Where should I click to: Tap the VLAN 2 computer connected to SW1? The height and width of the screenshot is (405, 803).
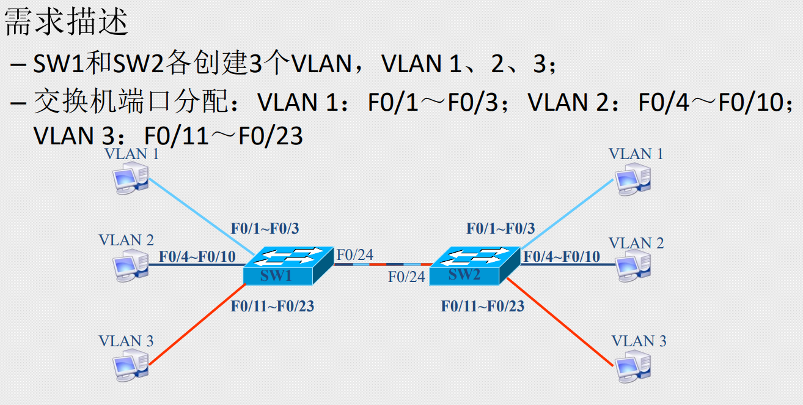pyautogui.click(x=130, y=266)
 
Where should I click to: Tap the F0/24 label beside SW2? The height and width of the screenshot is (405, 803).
pyautogui.click(x=406, y=277)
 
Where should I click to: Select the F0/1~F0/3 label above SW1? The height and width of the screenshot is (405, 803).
pyautogui.click(x=265, y=229)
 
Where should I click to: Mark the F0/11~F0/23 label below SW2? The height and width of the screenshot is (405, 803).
pyautogui.click(x=483, y=306)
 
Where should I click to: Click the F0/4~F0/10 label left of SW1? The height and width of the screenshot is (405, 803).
pyautogui.click(x=197, y=256)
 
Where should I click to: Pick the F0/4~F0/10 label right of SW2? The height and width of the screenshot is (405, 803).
pyautogui.click(x=561, y=256)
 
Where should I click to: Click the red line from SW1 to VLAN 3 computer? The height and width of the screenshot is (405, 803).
pyautogui.click(x=196, y=324)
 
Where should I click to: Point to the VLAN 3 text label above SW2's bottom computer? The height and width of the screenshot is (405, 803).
pyautogui.click(x=639, y=341)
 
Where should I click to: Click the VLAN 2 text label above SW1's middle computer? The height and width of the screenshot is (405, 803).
pyautogui.click(x=126, y=240)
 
